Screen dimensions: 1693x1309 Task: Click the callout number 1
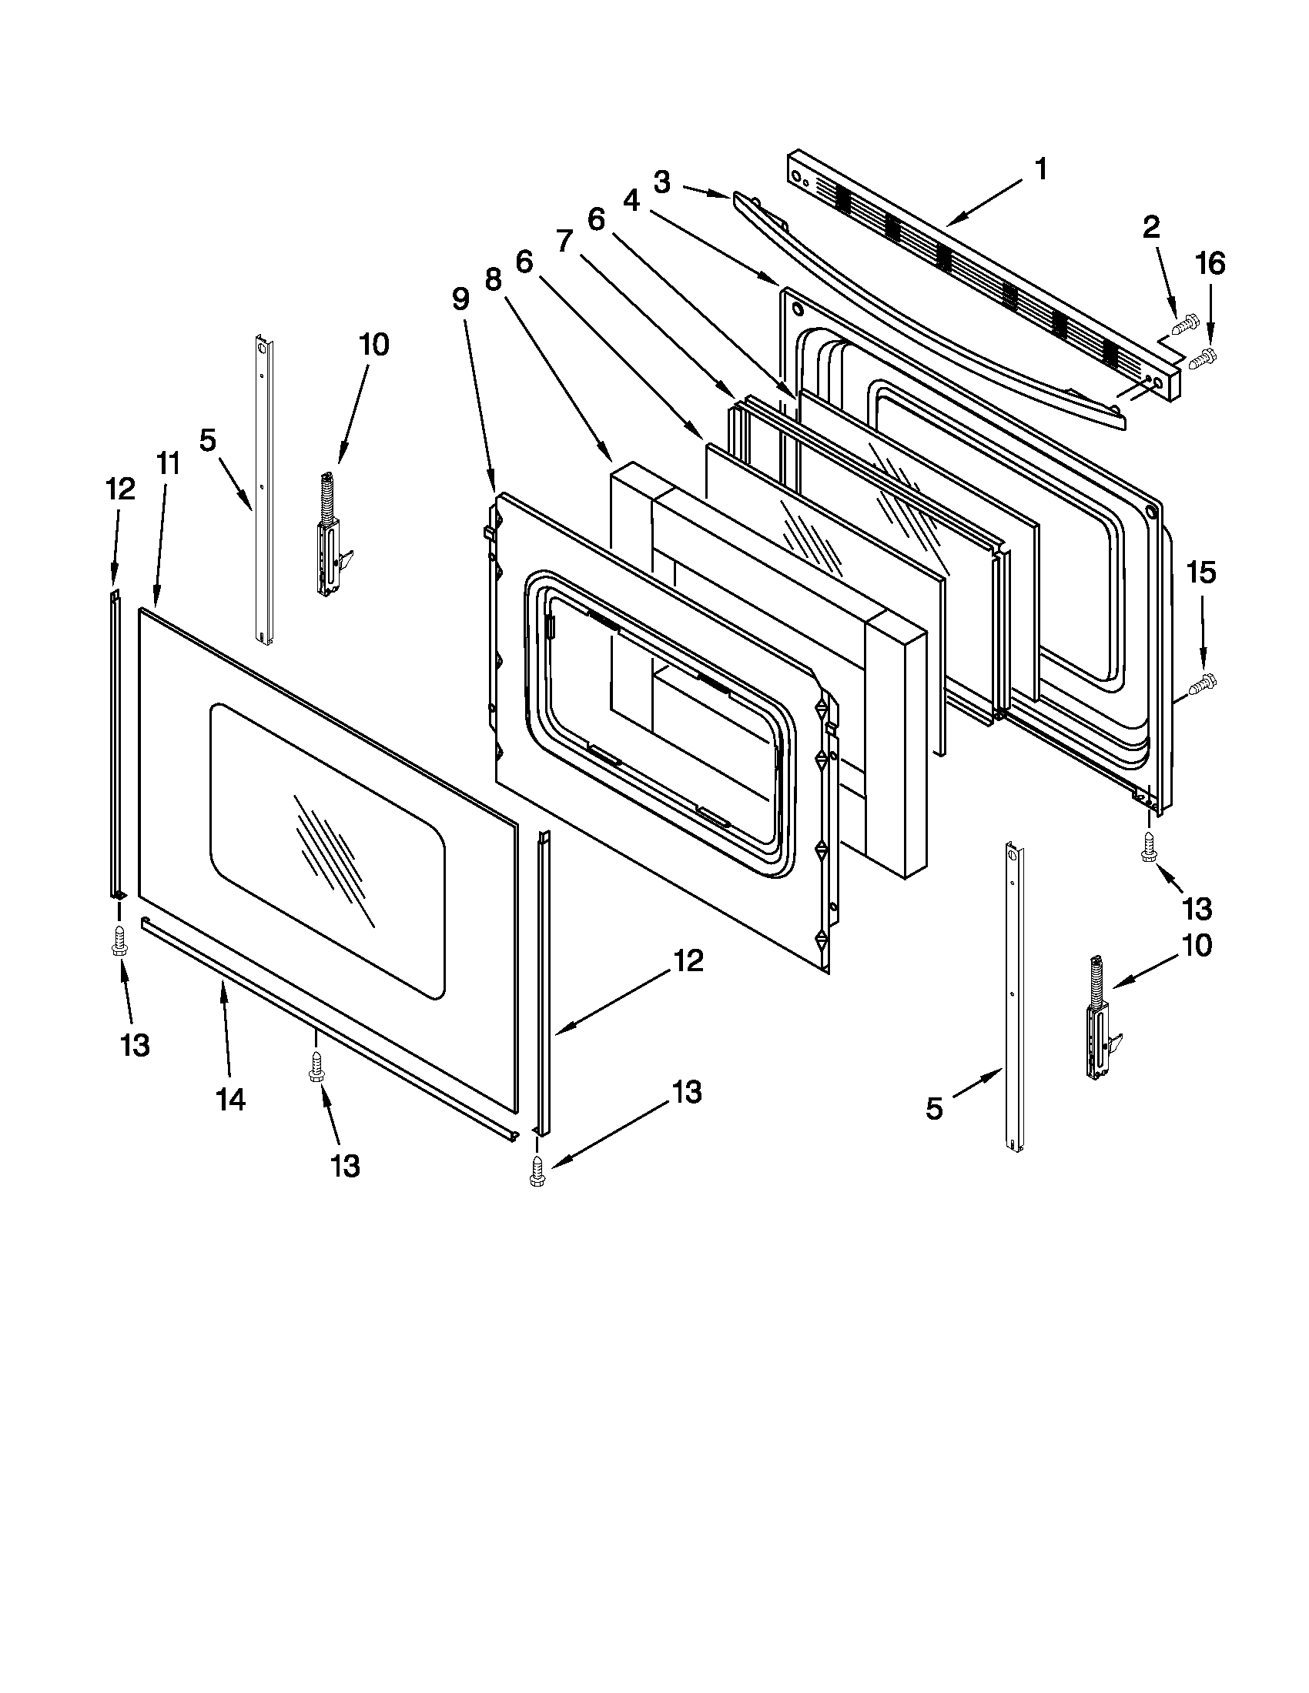click(x=1041, y=169)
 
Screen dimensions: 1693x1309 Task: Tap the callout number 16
click(x=1210, y=264)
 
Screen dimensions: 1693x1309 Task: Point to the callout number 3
click(x=661, y=182)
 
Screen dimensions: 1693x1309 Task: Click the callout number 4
click(x=631, y=201)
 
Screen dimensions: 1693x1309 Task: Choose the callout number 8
click(x=494, y=279)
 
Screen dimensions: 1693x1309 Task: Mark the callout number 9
click(x=460, y=299)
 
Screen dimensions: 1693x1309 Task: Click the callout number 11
click(x=169, y=463)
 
